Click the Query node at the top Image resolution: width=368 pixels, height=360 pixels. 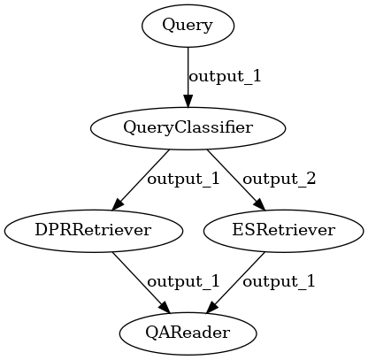click(x=188, y=26)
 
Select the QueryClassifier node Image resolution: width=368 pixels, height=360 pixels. click(x=188, y=128)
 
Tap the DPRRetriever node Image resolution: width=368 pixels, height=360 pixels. click(x=93, y=231)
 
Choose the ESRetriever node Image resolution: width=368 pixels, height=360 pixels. click(x=283, y=231)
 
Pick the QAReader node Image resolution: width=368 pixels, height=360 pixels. click(x=188, y=333)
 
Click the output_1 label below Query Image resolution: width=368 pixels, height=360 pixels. click(x=225, y=77)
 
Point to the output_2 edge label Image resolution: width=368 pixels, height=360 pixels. click(x=279, y=179)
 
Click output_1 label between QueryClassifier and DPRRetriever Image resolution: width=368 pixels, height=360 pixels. click(x=183, y=179)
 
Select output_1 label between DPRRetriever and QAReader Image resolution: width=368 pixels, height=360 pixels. click(x=183, y=281)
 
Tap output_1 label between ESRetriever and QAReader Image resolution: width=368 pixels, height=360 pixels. click(x=279, y=281)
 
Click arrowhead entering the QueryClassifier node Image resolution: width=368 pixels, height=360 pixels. click(x=188, y=101)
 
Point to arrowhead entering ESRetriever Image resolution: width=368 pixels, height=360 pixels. click(x=260, y=204)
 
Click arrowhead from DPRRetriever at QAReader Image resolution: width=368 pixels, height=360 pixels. click(x=165, y=307)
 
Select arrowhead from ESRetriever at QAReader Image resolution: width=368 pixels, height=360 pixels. click(x=211, y=307)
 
